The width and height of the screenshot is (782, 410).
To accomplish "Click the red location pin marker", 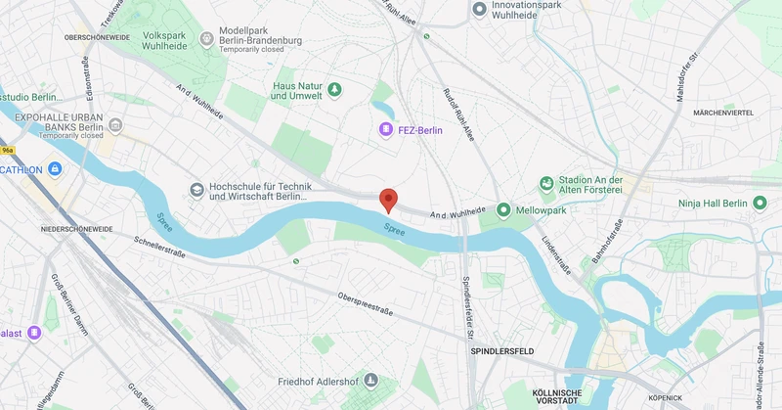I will click(388, 200).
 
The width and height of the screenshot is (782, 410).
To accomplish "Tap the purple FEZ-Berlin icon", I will click(386, 130).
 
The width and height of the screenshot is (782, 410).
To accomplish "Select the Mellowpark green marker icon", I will click(503, 209).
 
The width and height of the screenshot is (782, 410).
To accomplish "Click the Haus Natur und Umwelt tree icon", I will click(334, 89).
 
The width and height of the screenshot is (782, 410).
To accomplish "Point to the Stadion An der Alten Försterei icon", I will click(546, 184).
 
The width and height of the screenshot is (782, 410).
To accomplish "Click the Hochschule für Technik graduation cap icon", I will click(196, 190).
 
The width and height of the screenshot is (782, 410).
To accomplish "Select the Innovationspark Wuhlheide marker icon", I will click(479, 9).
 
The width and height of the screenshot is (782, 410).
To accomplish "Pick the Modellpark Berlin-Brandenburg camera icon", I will click(206, 38).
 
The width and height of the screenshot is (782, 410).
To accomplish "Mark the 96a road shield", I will click(8, 151).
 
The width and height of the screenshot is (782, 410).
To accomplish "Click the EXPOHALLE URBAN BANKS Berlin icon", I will click(115, 125).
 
